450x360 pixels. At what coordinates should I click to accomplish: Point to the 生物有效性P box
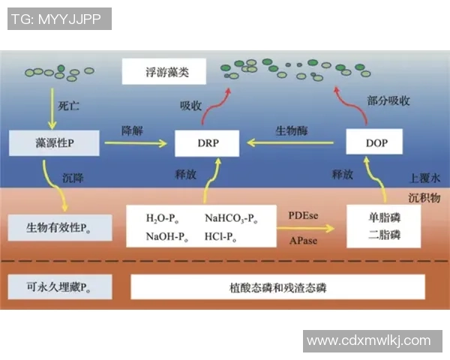59,226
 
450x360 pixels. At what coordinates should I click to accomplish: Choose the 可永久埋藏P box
59,286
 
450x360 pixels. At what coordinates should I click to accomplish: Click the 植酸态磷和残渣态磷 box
277,286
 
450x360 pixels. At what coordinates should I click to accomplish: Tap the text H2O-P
163,218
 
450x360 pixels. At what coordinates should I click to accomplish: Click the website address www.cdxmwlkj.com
370,340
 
